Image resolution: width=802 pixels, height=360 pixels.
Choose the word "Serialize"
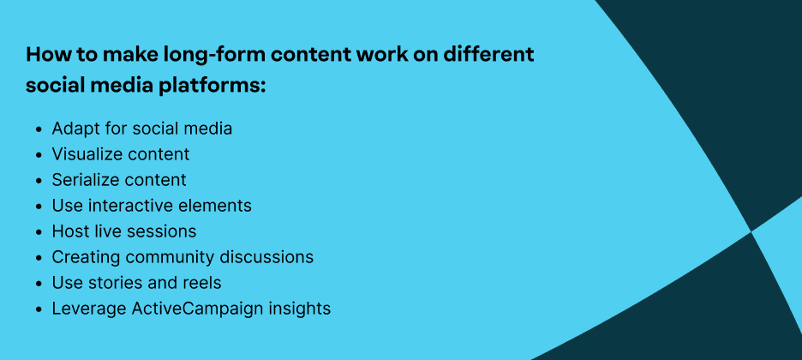coord(84,180)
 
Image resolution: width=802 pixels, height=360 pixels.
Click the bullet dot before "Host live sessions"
coord(39,232)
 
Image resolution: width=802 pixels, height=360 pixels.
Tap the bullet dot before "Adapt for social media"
coord(39,129)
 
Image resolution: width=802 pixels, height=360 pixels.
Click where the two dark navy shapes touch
coord(751,231)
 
